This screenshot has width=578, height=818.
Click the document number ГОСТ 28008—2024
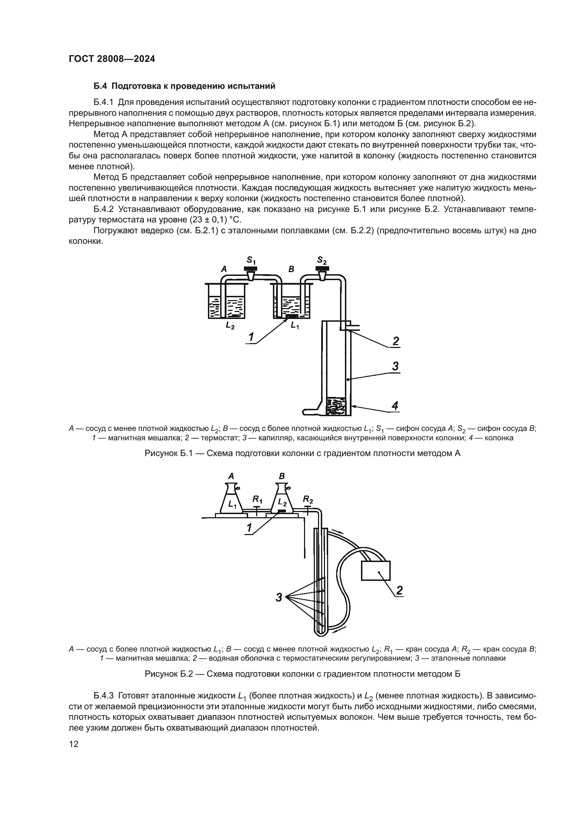point(112,59)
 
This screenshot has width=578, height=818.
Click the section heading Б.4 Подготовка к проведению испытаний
point(185,86)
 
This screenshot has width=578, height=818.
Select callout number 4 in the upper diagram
point(395,405)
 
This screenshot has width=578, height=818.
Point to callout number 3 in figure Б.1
point(396,366)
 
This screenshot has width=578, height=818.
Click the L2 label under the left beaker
point(230,325)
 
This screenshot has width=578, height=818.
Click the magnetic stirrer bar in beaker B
point(292,316)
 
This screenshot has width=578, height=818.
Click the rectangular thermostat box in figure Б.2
point(375,571)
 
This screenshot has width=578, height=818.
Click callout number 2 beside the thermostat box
point(399,590)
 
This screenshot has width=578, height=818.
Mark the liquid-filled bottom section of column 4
point(336,406)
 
